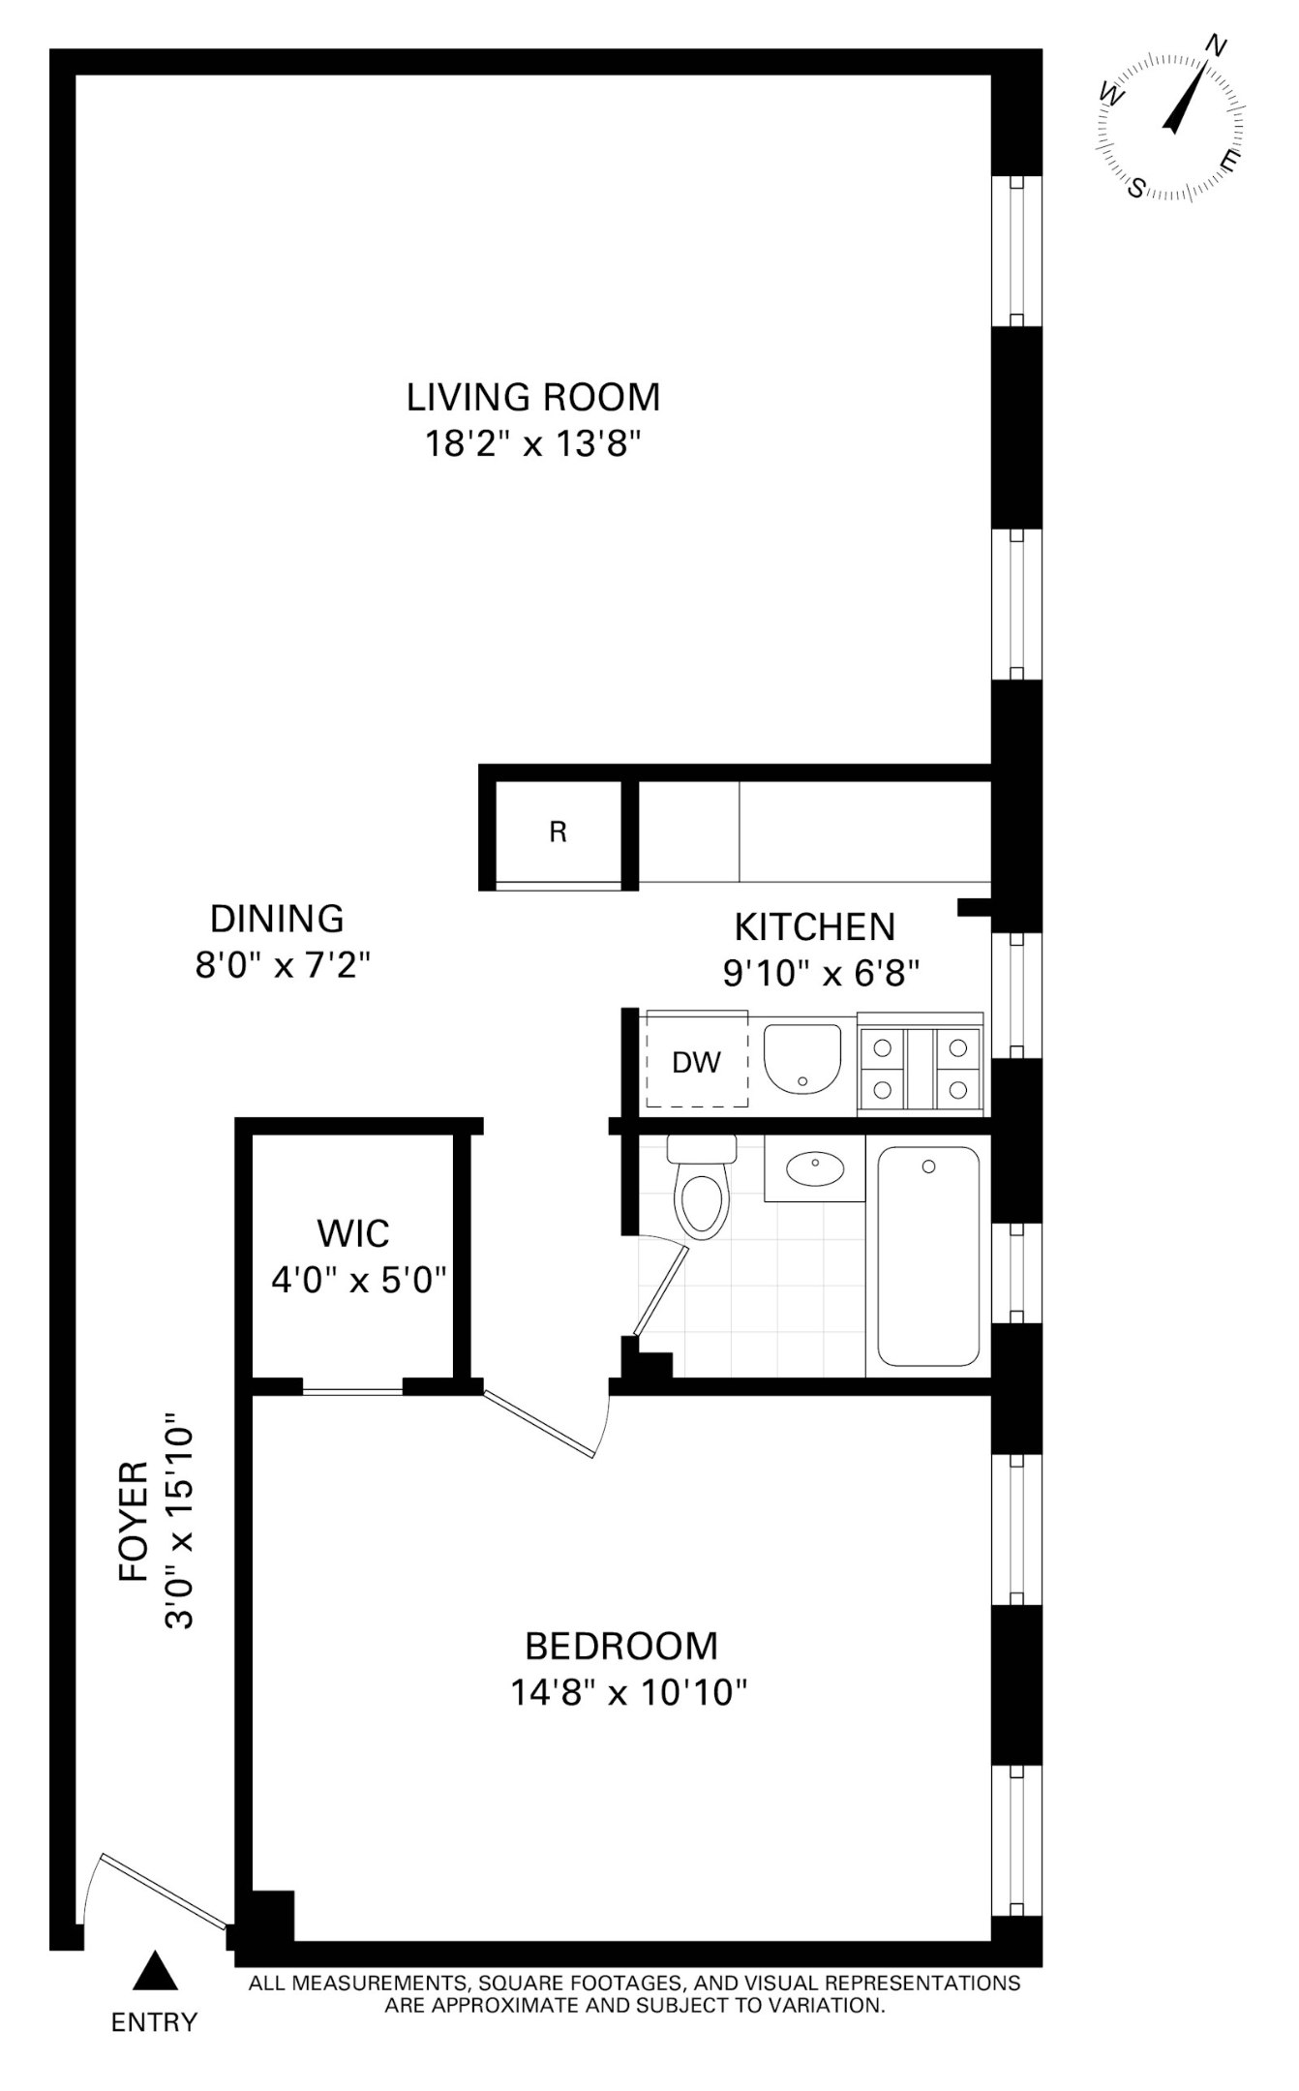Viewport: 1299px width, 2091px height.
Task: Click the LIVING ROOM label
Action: (532, 397)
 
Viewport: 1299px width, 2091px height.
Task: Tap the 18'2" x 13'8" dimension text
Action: (532, 444)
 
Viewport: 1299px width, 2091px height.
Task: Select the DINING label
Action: (277, 918)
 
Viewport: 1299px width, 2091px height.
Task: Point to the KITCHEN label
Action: (814, 927)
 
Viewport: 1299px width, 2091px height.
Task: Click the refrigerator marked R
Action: (558, 833)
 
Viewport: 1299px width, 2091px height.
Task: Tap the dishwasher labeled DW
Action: (697, 1063)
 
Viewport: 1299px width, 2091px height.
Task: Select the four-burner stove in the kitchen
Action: (920, 1069)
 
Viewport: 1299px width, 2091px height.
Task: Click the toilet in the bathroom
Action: (703, 1188)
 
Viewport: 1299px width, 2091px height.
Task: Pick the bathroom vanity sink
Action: (814, 1168)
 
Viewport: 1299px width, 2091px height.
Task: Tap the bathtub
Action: (928, 1256)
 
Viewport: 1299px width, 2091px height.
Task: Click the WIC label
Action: (353, 1234)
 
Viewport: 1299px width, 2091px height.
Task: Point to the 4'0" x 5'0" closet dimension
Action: (358, 1281)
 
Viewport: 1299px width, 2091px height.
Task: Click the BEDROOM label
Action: (620, 1646)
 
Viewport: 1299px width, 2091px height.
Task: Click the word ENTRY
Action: (154, 2022)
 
